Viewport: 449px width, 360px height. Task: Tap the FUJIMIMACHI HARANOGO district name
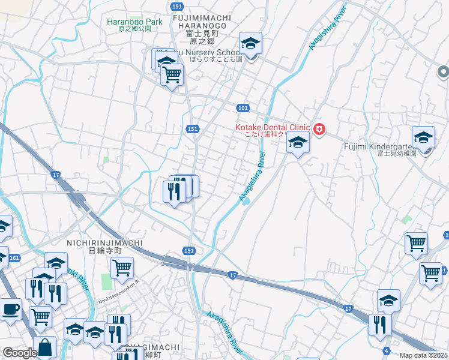200,22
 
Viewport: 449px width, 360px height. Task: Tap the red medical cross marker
319,129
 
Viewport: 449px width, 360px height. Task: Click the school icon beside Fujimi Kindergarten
423,138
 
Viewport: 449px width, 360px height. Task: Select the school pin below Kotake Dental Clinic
298,143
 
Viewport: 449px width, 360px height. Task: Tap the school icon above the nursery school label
250,43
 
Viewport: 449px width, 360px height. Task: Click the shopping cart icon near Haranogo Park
172,75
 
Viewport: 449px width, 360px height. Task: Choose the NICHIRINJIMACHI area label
105,243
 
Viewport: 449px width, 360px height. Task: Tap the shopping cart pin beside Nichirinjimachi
122,268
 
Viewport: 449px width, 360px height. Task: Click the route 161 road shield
15,258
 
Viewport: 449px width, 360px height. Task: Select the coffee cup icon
10,310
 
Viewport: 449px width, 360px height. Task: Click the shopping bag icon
44,347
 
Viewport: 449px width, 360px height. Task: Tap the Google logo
20,353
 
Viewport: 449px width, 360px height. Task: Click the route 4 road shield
386,350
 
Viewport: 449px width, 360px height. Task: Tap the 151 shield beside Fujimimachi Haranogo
176,6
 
